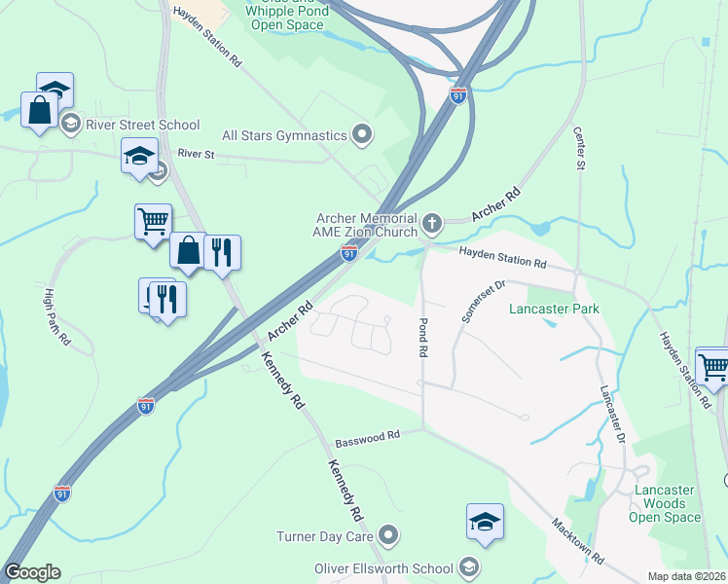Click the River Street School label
[142, 125]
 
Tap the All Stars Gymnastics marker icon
[363, 134]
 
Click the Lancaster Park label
[554, 309]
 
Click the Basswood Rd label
[368, 439]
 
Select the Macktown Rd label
[578, 541]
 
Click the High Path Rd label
[57, 317]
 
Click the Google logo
[33, 572]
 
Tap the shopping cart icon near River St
[153, 221]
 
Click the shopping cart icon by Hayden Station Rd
[713, 365]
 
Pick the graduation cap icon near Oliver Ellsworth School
[485, 521]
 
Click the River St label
[195, 154]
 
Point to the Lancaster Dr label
[612, 415]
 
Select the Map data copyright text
[687, 575]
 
